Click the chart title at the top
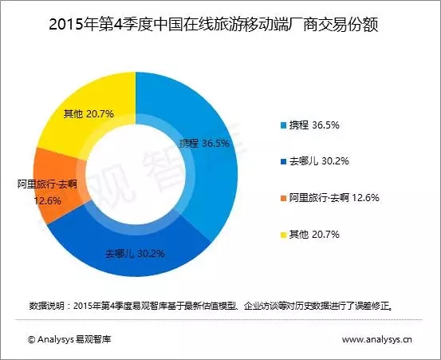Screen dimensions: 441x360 tap(214, 26)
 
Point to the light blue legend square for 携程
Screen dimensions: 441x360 tap(284, 125)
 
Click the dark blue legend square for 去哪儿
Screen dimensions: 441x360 tap(284, 162)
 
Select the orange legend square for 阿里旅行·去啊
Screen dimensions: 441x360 tap(284, 199)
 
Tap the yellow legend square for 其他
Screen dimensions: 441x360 tap(284, 235)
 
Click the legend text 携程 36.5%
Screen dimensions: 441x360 tap(314, 125)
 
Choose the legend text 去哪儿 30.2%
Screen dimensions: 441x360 tap(319, 161)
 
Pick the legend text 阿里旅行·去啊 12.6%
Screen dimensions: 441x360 tap(334, 198)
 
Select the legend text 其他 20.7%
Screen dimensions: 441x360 tap(314, 234)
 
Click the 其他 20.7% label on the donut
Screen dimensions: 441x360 tap(89, 114)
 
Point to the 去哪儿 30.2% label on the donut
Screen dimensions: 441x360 tap(135, 254)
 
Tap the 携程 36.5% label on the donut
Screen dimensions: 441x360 tap(204, 144)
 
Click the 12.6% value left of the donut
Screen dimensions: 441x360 tap(47, 200)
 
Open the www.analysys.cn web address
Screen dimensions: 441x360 tap(377, 339)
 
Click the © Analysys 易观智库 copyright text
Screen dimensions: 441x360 tap(69, 339)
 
